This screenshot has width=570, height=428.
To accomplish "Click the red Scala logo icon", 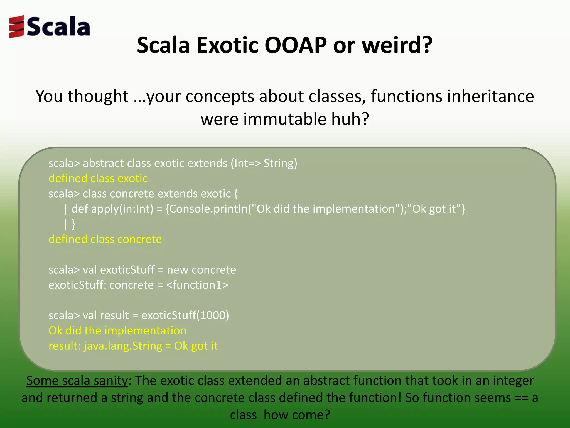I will (17, 26).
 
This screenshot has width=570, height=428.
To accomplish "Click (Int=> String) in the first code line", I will (264, 163).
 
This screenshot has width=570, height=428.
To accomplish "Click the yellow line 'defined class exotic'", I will (98, 178).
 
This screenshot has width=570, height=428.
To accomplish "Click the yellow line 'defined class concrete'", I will (105, 239).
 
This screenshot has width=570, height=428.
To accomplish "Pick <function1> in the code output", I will (197, 285).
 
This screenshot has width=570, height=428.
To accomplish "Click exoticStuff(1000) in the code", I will (185, 315).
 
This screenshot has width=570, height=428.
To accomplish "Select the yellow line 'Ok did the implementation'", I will (117, 331).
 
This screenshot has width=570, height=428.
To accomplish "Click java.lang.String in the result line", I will (123, 346).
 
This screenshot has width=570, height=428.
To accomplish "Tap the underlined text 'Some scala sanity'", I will (77, 381).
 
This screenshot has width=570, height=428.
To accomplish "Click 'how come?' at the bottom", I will (297, 415).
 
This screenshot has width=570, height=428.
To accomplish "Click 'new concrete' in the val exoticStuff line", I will (201, 270).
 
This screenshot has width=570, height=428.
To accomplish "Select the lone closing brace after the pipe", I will (73, 224).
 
